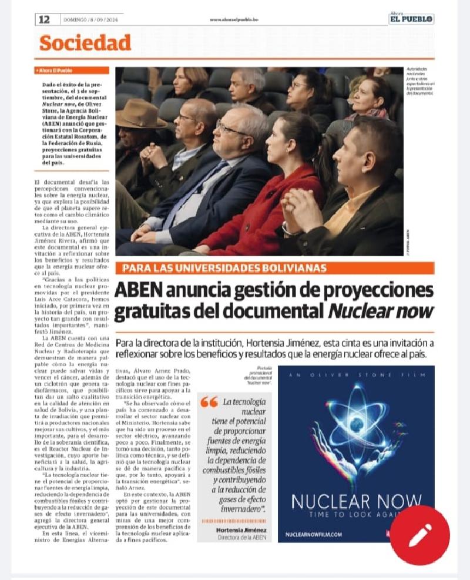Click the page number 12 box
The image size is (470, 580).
[x=44, y=19]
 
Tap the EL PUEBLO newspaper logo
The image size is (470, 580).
[x=411, y=19]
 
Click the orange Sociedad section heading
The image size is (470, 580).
[x=85, y=43]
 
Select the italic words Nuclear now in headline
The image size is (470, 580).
[x=380, y=311]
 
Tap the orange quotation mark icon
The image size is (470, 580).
[x=209, y=403]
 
